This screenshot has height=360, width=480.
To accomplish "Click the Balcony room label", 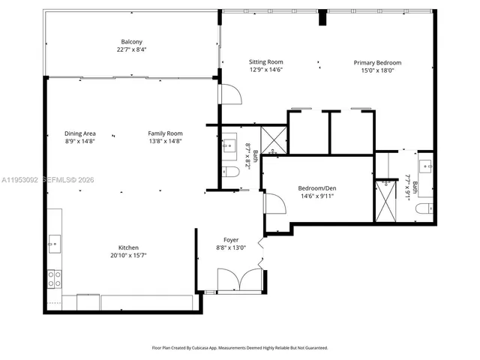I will point(132,41).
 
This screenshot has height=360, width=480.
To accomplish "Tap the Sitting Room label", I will point(265,63).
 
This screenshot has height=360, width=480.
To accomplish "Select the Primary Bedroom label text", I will point(377,63).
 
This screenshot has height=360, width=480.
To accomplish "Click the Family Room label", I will point(165,133).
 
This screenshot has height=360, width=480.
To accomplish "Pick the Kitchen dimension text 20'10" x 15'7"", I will point(128,255).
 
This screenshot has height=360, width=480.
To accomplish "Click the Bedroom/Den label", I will point(316,188).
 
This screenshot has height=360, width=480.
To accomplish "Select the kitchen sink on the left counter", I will point(54,241).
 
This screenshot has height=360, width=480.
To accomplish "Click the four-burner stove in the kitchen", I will point(55,279).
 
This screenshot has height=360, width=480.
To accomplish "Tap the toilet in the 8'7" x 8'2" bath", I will point(232,172).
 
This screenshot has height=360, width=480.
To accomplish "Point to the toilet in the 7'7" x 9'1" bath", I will point(424,208).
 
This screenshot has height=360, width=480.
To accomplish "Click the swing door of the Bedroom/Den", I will point(274,202).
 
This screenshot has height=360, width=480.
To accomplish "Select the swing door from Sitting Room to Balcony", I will point(229,93).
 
